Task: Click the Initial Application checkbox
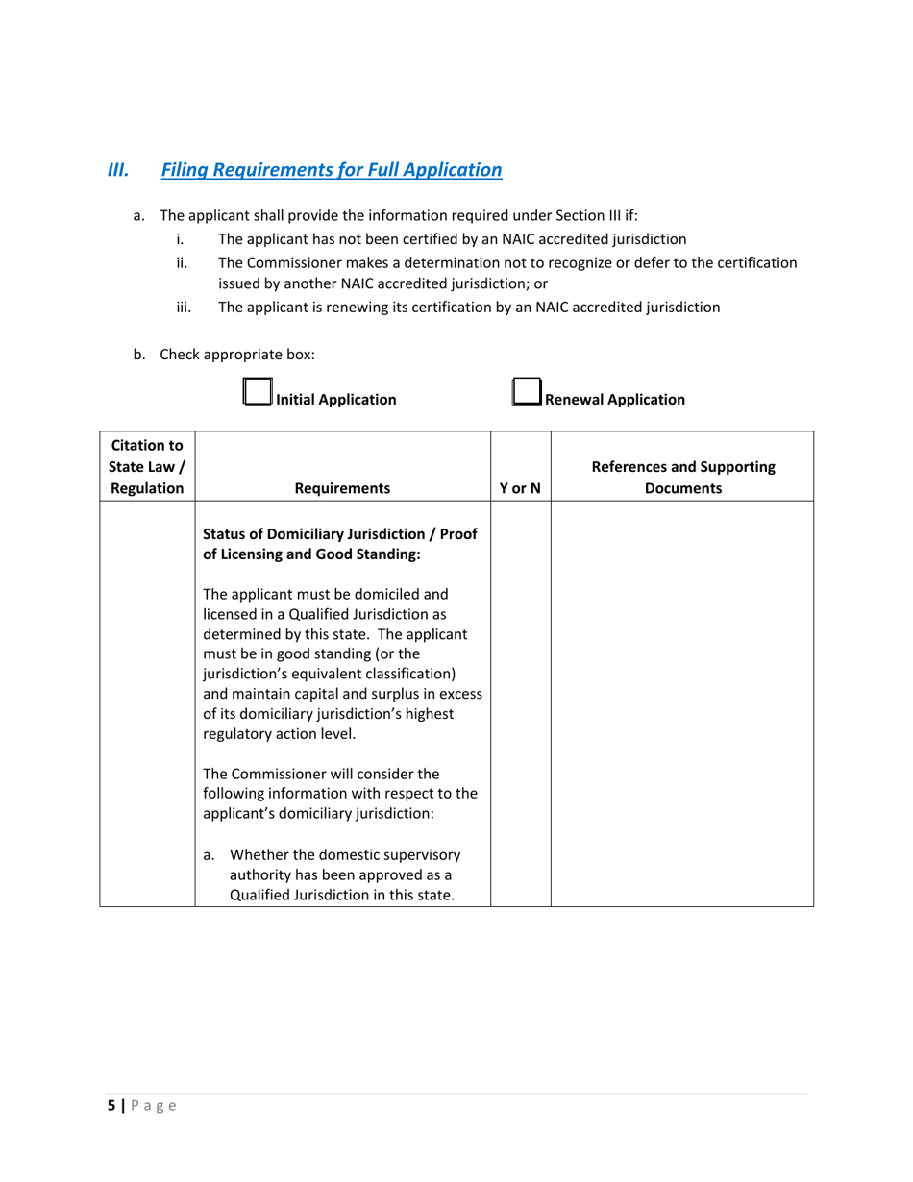tap(257, 391)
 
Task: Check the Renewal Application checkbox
tap(526, 391)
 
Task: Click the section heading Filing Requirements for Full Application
tap(331, 170)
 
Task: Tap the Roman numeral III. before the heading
tap(118, 170)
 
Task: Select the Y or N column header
tap(520, 488)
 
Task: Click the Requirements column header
tap(342, 488)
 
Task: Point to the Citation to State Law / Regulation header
tap(147, 467)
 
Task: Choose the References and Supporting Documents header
tap(682, 478)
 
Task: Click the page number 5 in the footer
tap(111, 1106)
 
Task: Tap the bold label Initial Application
tap(335, 400)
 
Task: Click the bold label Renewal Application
tap(614, 400)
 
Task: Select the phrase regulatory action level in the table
tap(278, 734)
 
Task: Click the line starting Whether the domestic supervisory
tap(345, 854)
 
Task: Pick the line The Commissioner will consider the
tap(321, 774)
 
